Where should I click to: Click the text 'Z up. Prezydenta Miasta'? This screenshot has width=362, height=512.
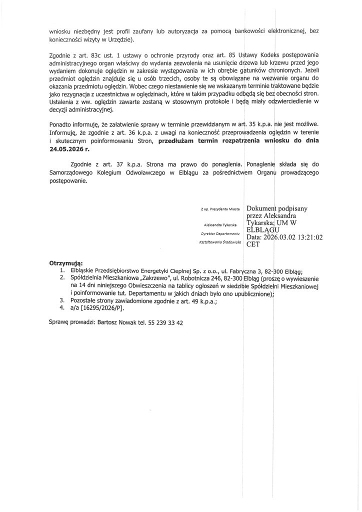tap(220, 207)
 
